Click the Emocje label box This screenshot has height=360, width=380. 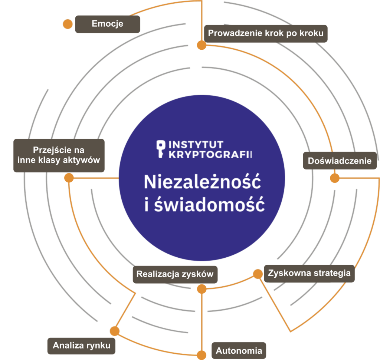[x=108, y=24]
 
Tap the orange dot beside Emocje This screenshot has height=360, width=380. [x=68, y=24]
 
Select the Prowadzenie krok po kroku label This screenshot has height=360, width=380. [x=266, y=33]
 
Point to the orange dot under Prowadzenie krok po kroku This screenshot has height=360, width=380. [x=202, y=45]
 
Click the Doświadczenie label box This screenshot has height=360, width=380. [x=340, y=161]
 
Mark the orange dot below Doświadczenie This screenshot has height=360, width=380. [x=335, y=178]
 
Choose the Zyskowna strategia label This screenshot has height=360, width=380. [x=309, y=274]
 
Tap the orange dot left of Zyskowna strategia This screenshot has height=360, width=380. [x=258, y=274]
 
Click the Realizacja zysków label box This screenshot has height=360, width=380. [x=175, y=275]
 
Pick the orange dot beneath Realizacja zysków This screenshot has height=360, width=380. [x=202, y=289]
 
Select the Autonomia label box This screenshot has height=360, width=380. [x=239, y=350]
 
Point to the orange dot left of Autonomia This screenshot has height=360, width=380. [x=202, y=355]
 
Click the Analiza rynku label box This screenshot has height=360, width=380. [x=82, y=346]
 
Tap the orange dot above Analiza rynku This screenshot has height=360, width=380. [x=115, y=331]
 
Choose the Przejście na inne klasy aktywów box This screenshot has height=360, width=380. [x=59, y=155]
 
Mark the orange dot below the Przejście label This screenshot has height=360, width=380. [x=69, y=178]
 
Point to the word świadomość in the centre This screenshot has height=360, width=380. [x=209, y=205]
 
